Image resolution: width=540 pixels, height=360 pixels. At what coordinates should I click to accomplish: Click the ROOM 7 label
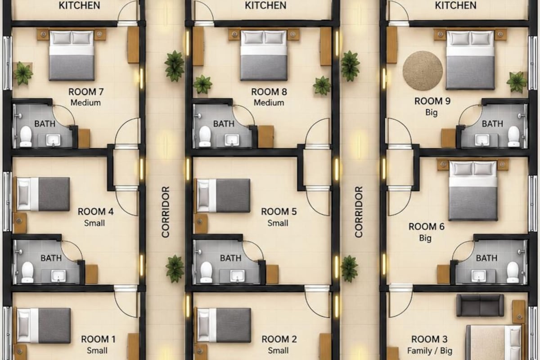point(86,92)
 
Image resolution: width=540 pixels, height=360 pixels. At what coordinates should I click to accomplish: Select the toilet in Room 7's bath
point(26,136)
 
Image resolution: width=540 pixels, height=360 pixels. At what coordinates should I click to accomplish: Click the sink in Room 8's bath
point(232,140)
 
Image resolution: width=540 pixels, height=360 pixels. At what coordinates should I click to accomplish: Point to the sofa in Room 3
point(480,305)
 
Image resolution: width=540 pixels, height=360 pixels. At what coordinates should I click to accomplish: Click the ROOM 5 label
point(279,211)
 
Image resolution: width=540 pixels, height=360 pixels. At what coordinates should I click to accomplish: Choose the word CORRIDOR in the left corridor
point(166,212)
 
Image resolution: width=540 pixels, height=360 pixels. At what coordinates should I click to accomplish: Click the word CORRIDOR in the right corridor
point(359,211)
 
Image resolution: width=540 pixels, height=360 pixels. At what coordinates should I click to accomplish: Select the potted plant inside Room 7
point(23,73)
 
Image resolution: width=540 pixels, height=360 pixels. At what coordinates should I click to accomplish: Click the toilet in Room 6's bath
point(513,272)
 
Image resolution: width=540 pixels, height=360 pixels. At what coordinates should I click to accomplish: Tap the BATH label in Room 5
point(231,258)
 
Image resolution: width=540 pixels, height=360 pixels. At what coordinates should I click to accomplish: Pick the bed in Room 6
point(473,190)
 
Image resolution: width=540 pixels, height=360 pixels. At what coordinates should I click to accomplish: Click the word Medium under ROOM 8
point(269,103)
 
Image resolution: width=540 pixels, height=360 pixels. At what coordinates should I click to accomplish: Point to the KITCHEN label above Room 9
point(455,5)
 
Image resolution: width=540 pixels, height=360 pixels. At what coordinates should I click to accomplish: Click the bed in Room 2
point(224,325)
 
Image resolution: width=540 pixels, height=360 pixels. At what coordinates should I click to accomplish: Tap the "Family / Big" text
point(430,351)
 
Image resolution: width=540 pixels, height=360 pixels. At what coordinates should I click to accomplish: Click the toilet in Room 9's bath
point(514,136)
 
